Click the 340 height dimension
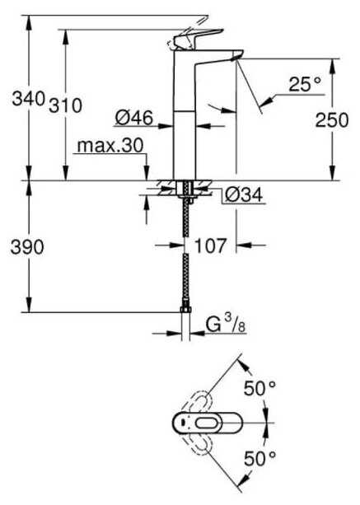coord(28,99)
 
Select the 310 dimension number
coord(66,105)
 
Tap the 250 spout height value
coord(332,119)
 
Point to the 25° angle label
coord(305,84)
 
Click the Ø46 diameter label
coord(134,118)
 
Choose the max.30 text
coord(110,146)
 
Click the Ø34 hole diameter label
coord(244,194)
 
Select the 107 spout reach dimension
coord(211,245)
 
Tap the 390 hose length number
coord(27,247)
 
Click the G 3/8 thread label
coord(226,324)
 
